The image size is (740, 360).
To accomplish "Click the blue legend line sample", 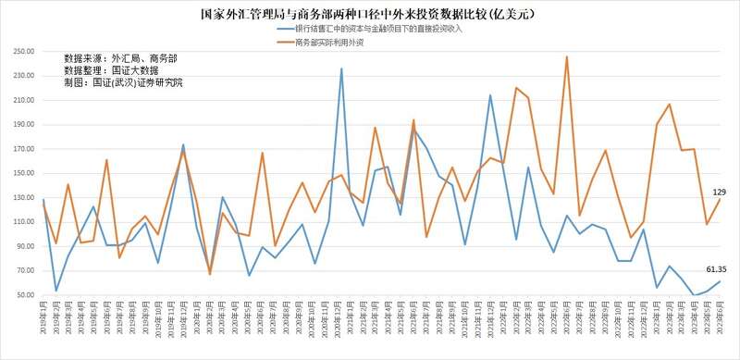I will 284,31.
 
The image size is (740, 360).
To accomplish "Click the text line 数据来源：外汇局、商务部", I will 125,57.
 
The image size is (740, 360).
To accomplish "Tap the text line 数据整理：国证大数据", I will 112,70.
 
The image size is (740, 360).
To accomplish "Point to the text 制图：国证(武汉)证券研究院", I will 124,83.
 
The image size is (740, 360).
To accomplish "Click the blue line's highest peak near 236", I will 342,68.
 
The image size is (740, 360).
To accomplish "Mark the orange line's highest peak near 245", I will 566,57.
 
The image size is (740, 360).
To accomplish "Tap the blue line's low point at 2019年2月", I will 56,291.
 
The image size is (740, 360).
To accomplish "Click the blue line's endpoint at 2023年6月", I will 719,281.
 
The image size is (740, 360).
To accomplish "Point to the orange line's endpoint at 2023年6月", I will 719,199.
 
